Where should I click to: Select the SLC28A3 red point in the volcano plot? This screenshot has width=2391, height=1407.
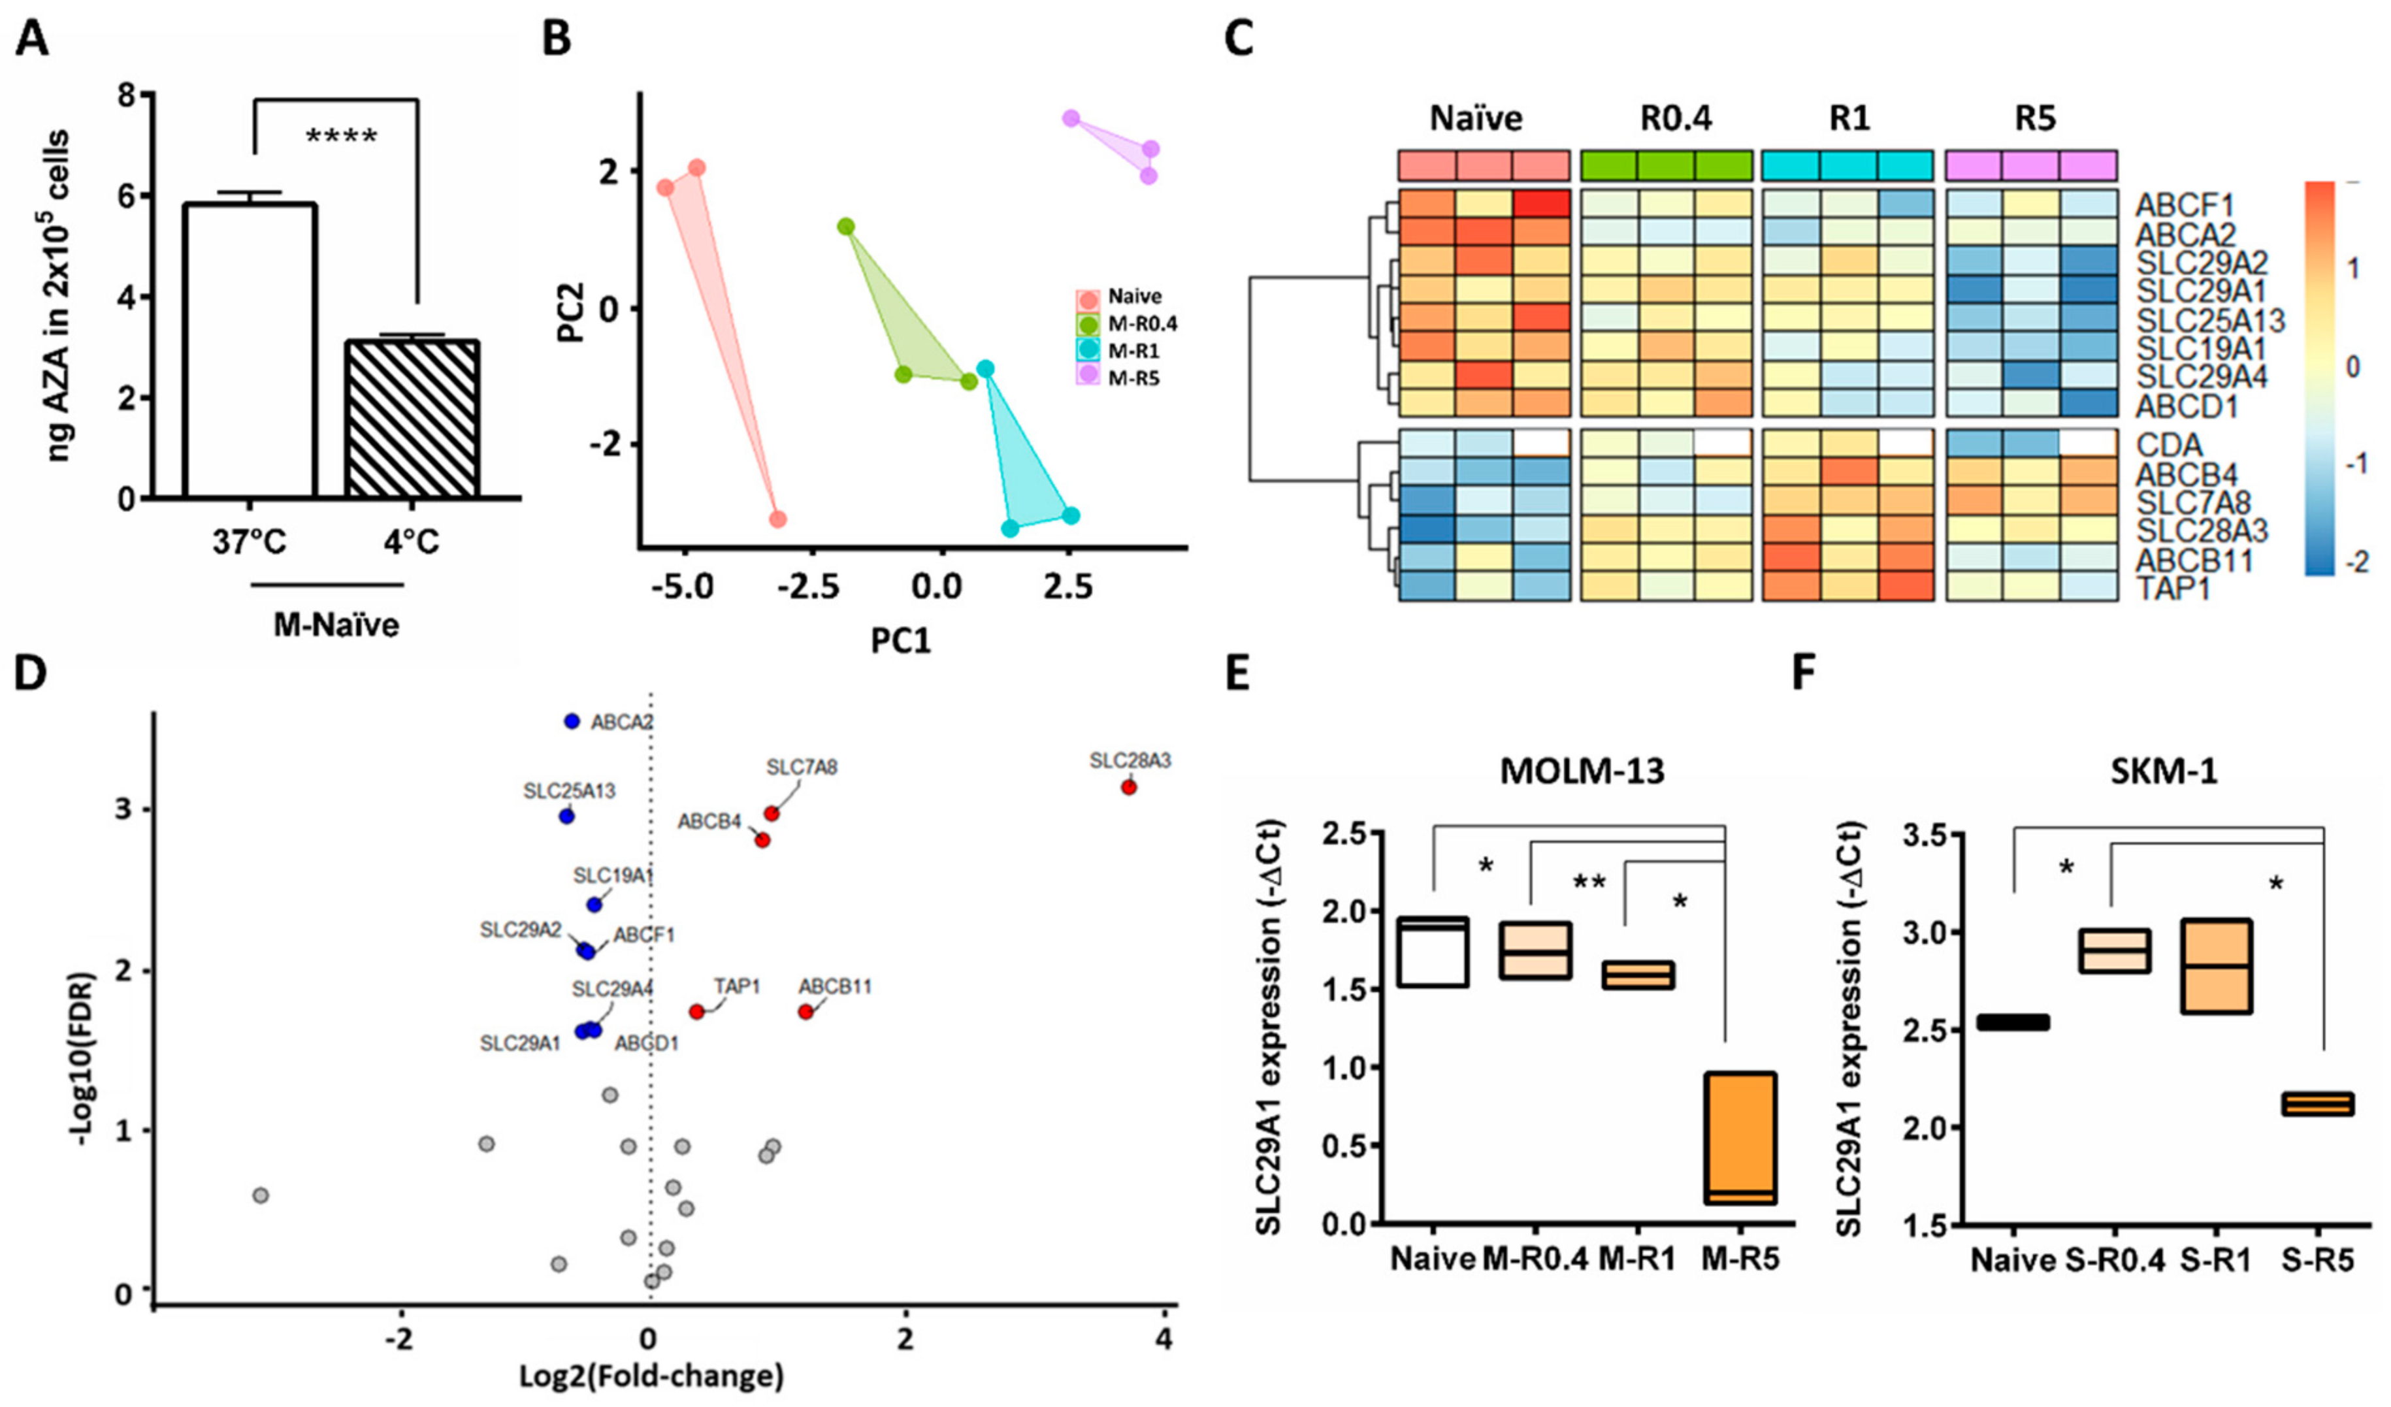1128,786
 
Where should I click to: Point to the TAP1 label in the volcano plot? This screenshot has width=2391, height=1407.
737,987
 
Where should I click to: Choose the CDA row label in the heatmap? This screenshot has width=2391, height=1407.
2169,444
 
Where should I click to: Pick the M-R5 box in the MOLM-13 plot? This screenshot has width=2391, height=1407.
1738,1138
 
